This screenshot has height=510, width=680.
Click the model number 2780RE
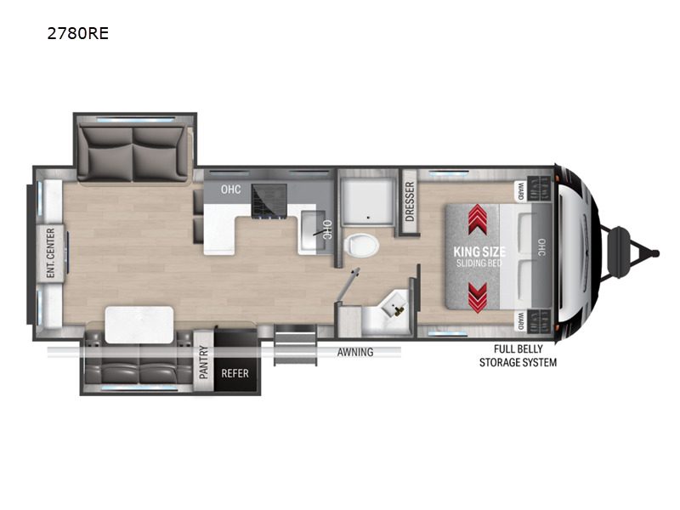[78, 33]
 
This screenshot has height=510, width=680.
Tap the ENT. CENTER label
[51, 252]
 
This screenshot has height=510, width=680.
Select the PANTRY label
[203, 363]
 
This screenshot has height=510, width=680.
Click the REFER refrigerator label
[235, 373]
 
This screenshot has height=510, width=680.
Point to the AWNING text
[355, 352]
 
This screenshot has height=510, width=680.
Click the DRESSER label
[410, 201]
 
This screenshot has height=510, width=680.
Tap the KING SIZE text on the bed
[479, 252]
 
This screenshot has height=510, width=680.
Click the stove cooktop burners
[269, 201]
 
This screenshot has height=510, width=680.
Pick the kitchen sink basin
[313, 230]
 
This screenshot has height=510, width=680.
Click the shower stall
[367, 201]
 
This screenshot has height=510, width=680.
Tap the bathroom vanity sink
[394, 306]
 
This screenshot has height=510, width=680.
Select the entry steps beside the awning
[295, 344]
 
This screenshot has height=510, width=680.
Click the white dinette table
[139, 325]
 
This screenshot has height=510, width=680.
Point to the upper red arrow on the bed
[477, 219]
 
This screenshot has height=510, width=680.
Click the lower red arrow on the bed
[477, 297]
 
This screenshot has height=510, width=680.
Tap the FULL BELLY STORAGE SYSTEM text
[518, 355]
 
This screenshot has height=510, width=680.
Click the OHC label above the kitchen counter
[230, 189]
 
